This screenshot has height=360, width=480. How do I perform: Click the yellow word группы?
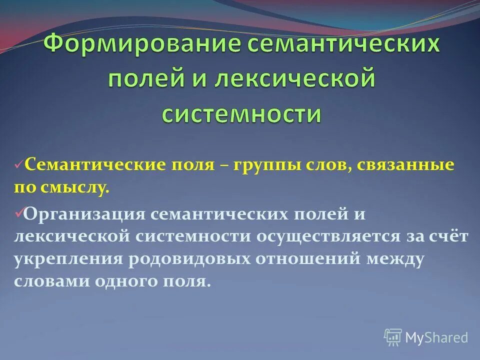click(x=266, y=165)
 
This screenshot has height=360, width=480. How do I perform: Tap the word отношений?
click(x=310, y=259)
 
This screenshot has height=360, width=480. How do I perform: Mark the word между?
click(x=395, y=259)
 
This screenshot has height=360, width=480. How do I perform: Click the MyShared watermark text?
click(x=436, y=337)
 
